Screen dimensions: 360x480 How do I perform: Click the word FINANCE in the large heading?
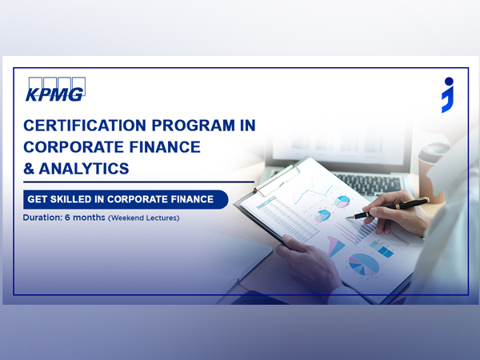(162, 147)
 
